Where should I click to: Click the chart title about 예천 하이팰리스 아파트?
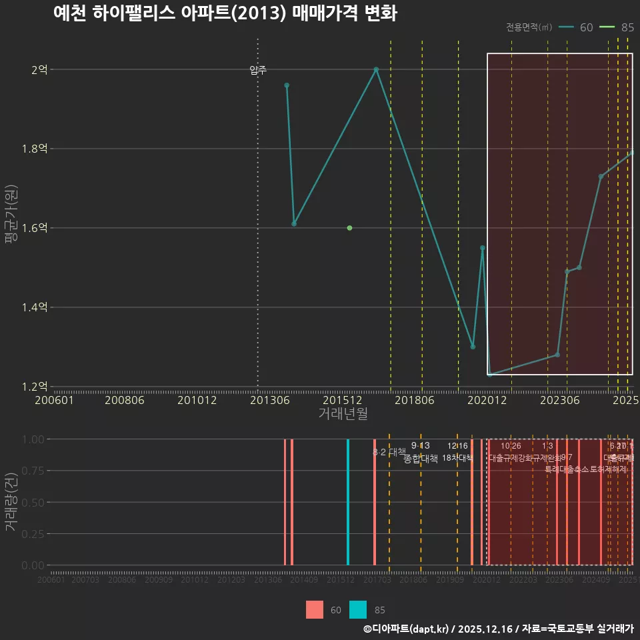point(225,13)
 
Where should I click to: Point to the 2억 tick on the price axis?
point(39,69)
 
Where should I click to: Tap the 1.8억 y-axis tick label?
point(35,149)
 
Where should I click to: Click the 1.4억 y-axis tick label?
point(35,307)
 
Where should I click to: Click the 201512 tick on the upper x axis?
point(342,400)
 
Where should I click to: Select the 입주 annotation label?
point(258,70)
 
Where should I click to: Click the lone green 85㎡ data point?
point(349,228)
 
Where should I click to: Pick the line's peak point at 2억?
point(376,69)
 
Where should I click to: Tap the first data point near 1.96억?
point(287,85)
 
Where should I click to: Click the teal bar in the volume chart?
point(348,501)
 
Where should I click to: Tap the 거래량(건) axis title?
point(11,502)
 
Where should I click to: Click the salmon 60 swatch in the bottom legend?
point(315,609)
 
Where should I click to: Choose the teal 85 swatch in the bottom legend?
point(358,609)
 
